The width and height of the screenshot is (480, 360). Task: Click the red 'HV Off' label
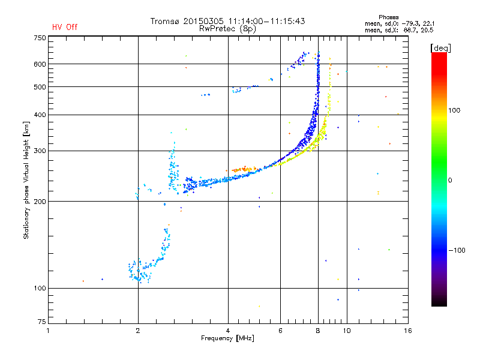tap(65, 27)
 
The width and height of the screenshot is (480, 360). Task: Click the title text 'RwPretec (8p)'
tap(227, 28)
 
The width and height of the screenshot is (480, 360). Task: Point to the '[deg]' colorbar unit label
tap(441, 47)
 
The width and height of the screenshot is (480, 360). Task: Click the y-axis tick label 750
tap(40, 38)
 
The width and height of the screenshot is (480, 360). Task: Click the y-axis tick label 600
tap(40, 64)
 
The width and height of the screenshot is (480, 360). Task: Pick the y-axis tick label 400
tap(40, 115)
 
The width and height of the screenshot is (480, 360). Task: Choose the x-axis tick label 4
tap(228, 331)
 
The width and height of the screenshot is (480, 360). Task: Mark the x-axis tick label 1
tap(48, 331)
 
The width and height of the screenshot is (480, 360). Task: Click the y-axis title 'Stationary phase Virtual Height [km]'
tap(26, 181)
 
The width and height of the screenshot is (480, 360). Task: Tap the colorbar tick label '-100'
tap(458, 250)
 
